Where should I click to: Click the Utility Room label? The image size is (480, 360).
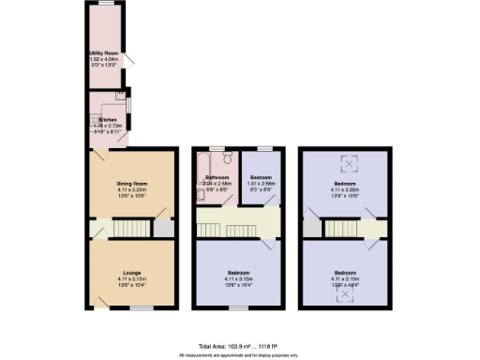pyautogui.click(x=102, y=55)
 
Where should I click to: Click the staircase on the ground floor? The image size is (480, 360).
pyautogui.click(x=130, y=228)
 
